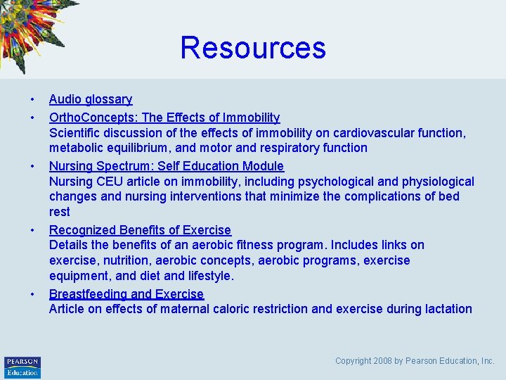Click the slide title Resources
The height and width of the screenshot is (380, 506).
[x=253, y=48]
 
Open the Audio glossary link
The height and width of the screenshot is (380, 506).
[x=91, y=100]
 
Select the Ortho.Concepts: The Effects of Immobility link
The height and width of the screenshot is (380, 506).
[x=164, y=118]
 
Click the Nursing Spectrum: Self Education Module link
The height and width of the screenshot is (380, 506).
[x=167, y=166]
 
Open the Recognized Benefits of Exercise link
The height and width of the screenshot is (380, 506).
[x=140, y=230]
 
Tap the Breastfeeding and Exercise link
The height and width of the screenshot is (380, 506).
[x=126, y=294]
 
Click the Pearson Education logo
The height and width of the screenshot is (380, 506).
[x=22, y=367]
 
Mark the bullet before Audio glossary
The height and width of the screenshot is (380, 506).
[x=32, y=100]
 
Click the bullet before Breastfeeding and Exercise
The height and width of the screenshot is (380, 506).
[x=32, y=294]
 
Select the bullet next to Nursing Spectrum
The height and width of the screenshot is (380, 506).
[x=32, y=166]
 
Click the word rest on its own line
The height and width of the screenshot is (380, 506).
[x=60, y=212]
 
